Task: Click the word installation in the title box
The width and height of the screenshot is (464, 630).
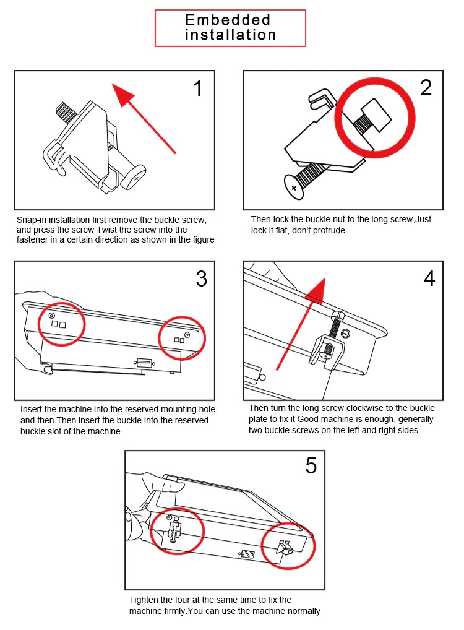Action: pyautogui.click(x=230, y=35)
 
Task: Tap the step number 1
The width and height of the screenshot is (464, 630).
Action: pyautogui.click(x=197, y=88)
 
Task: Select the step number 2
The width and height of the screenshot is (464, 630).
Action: pyautogui.click(x=426, y=88)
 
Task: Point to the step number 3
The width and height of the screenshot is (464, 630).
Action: pyautogui.click(x=201, y=279)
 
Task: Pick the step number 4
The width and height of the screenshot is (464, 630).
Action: pyautogui.click(x=429, y=278)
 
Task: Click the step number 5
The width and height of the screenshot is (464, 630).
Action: pyautogui.click(x=311, y=466)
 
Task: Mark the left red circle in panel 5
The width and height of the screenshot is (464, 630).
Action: pyautogui.click(x=176, y=530)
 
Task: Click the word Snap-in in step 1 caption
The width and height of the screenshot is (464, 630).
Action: pyautogui.click(x=31, y=220)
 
